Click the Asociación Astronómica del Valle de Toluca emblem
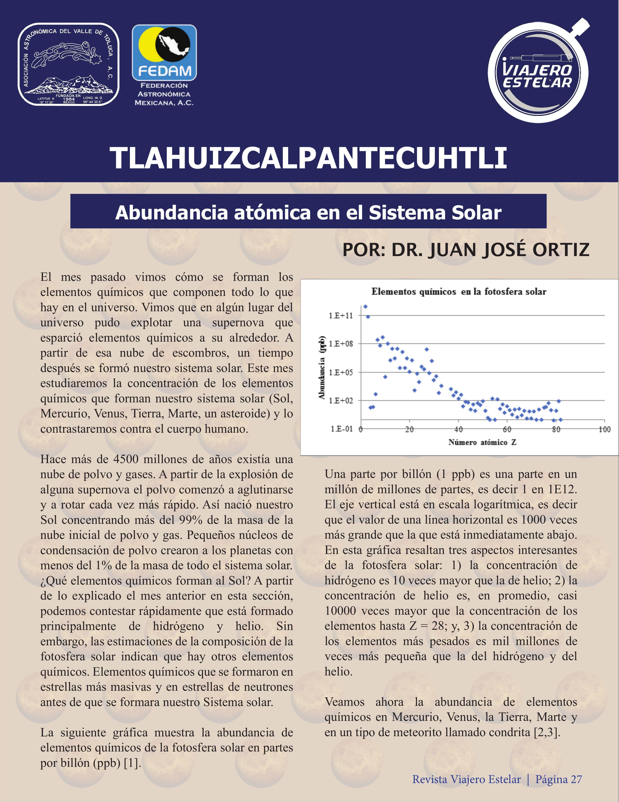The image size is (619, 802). coord(69,65)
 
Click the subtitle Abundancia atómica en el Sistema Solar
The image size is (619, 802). coord(308,212)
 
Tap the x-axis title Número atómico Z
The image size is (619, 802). coord(482,442)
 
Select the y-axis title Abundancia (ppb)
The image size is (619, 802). coord(322,367)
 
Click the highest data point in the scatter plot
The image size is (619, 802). coord(365,307)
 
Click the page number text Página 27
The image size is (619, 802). coord(559,779)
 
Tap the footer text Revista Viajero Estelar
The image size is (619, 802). coord(466,779)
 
